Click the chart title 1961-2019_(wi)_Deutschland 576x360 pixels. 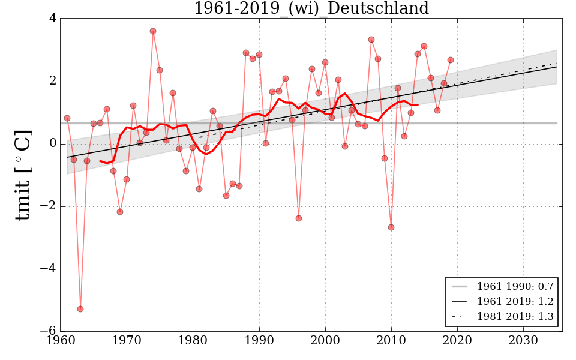[311, 8]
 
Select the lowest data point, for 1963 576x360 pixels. [80, 309]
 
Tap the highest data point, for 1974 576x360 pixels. [153, 31]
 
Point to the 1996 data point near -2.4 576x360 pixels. [299, 218]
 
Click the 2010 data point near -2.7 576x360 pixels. [391, 227]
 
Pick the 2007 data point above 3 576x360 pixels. [371, 40]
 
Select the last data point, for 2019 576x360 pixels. [451, 60]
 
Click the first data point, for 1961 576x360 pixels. [67, 118]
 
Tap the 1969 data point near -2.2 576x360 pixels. [120, 212]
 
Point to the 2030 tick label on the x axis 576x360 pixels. [523, 341]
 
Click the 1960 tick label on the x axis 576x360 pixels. [61, 341]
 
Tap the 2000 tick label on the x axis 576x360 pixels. [325, 341]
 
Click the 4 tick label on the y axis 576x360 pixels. [53, 19]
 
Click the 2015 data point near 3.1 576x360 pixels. [424, 46]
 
